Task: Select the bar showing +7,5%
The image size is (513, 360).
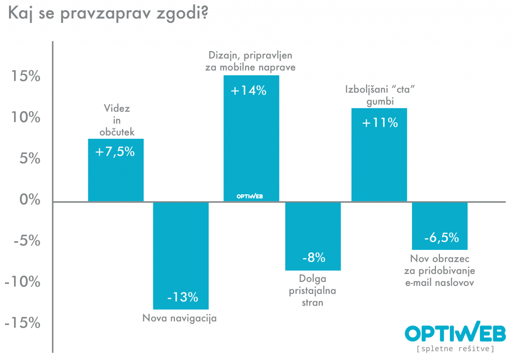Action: coord(116,170)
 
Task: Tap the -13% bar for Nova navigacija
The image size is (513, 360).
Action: coord(181,255)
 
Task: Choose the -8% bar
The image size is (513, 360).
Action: coord(313,236)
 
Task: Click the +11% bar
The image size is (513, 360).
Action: coord(379,155)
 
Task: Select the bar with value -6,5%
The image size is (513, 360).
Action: coord(440,226)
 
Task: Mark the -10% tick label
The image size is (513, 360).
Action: coord(22,282)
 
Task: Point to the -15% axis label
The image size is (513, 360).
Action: coord(22,323)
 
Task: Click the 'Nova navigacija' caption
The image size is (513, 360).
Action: coord(179,318)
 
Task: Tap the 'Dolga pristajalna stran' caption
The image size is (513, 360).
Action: coord(313,291)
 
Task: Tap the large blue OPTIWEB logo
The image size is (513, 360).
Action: coord(455,332)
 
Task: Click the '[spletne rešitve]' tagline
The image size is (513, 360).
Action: coord(455,348)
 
